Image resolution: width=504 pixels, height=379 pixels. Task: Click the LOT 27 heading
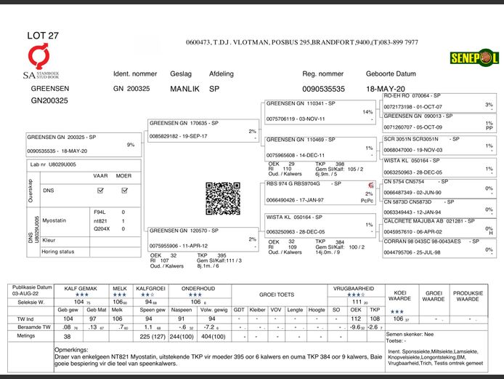click(43, 35)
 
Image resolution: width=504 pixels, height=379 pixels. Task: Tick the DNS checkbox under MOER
click(123, 190)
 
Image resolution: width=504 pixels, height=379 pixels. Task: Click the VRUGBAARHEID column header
click(353, 289)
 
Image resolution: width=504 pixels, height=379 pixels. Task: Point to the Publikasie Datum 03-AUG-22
click(33, 292)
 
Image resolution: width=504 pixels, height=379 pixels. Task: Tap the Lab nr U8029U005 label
click(53, 165)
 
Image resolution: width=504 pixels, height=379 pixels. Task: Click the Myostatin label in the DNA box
click(56, 219)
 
